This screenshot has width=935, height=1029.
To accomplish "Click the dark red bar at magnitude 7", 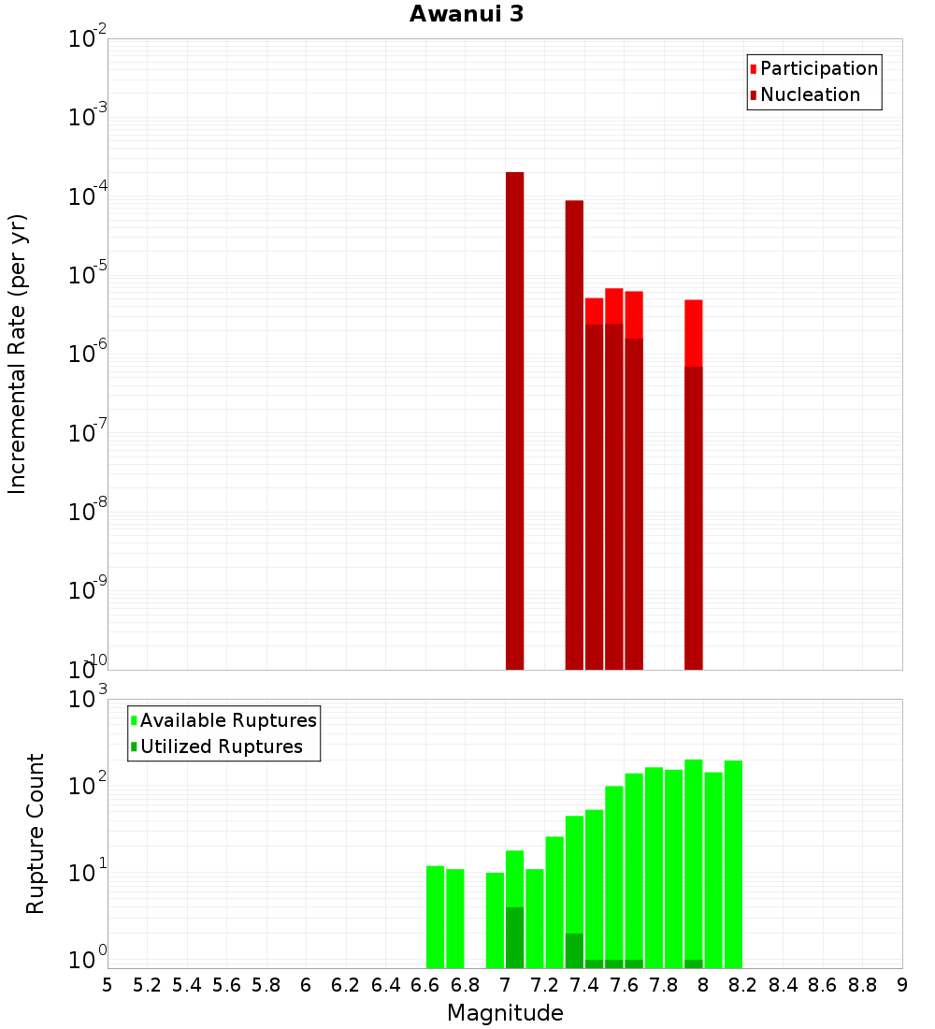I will pos(514,421).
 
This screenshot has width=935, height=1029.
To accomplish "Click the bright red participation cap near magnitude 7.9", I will pos(693,332).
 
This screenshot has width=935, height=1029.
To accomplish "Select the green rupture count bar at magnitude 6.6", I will pos(435,917).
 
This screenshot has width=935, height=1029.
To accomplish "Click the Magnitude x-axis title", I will pos(505,1013).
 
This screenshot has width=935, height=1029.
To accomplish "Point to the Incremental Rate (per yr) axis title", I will pos(18,354).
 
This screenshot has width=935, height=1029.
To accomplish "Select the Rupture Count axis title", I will pos(36,833).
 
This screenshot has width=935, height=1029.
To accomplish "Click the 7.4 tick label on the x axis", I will pos(584,985).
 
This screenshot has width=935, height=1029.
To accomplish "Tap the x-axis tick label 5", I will pos(108,985).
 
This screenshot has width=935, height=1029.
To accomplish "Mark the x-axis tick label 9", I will pos(902,985).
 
